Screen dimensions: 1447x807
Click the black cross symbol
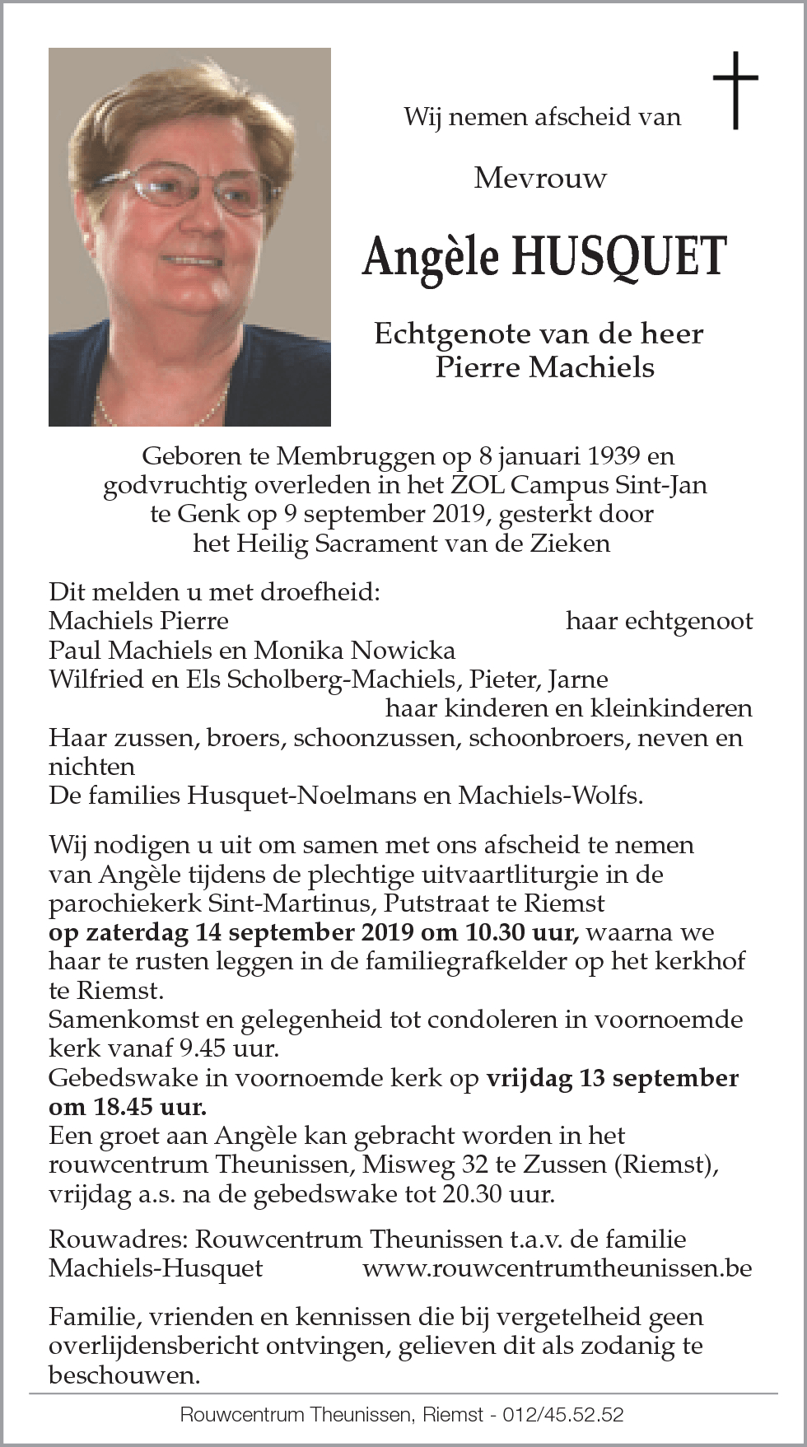pyautogui.click(x=735, y=90)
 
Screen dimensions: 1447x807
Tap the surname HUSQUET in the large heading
pyautogui.click(x=618, y=256)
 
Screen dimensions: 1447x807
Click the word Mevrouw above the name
pyautogui.click(x=540, y=178)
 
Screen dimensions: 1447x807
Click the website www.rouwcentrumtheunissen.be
pyautogui.click(x=557, y=1268)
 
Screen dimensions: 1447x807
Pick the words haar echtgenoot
pyautogui.click(x=659, y=621)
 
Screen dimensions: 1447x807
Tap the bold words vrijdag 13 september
pyautogui.click(x=612, y=1078)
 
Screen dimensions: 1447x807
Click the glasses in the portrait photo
pyautogui.click(x=194, y=187)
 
